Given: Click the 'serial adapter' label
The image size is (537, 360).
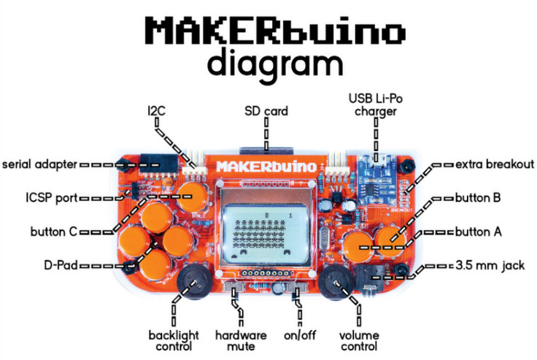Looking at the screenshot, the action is (39, 164).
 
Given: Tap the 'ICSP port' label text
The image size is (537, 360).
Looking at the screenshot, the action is (52, 198).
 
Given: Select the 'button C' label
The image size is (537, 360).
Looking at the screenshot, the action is (54, 231).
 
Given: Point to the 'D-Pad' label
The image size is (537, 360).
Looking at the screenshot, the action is (61, 265).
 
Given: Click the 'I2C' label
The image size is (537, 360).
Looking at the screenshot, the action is (157, 111).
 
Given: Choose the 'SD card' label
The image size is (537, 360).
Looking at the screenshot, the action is (266, 111).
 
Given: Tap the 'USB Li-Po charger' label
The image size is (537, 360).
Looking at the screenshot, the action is (376, 105).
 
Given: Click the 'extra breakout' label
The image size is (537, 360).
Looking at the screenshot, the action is (495, 164).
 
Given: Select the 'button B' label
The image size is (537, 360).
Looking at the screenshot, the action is (478, 198).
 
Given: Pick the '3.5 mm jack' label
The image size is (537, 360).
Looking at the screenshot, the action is (490, 265).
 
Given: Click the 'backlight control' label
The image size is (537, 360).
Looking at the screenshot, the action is (174, 340).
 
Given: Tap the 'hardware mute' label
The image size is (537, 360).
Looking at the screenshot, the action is (241, 340).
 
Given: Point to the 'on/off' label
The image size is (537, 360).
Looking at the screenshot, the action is (300, 335).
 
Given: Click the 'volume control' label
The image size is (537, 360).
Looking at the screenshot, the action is (359, 340).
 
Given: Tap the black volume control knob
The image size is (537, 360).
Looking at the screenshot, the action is (336, 283).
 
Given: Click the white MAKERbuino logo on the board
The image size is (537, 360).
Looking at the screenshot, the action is (266, 166).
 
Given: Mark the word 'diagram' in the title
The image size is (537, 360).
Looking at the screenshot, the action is (274, 65).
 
